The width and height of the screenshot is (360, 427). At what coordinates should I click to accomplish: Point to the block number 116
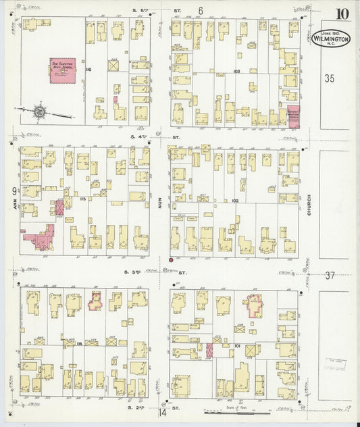pos(88,70)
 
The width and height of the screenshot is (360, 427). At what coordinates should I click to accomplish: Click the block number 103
pos(236,70)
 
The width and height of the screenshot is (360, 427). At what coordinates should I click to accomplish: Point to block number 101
pos(237,345)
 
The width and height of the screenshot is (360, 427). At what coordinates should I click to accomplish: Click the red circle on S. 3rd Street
pos(172,259)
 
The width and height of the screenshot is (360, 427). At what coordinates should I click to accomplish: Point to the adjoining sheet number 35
pos(329,78)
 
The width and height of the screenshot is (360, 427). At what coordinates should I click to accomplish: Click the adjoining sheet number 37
pos(330,275)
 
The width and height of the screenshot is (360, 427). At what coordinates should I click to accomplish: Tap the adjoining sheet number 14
pos(162,412)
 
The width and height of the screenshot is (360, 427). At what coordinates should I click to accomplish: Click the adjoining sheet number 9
pos(13,191)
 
